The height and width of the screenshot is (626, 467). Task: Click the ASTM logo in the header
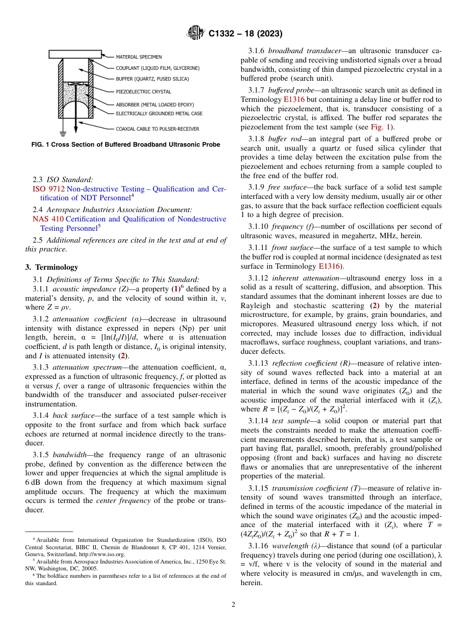196,33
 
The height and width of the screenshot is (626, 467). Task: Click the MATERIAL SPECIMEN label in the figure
139,57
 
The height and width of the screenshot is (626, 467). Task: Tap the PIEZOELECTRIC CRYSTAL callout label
143,92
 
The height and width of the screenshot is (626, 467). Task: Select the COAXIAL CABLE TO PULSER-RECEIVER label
157,129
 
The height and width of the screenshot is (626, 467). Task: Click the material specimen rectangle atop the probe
75,54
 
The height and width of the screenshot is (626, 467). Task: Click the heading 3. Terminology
52,267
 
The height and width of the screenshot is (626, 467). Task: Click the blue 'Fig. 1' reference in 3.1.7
381,127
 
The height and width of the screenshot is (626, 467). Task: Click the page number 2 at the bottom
233,605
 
